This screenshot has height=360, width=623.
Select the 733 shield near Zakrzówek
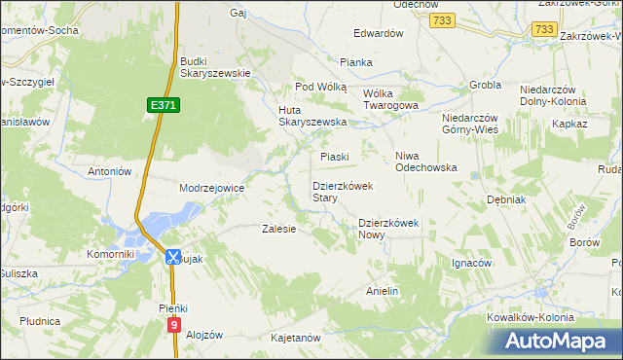tap(544, 31)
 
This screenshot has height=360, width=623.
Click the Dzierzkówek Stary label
tap(338, 191)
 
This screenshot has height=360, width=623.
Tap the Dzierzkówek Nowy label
tap(387, 228)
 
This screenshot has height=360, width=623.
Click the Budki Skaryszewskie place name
tap(216, 66)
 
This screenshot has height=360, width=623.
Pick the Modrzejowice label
tap(211, 188)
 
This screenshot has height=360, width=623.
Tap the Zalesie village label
tap(279, 230)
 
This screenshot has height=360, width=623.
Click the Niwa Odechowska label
tap(425, 162)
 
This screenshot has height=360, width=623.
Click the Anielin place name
tap(383, 291)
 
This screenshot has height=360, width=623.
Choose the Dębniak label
tap(506, 199)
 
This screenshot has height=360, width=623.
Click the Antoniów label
tap(110, 171)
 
